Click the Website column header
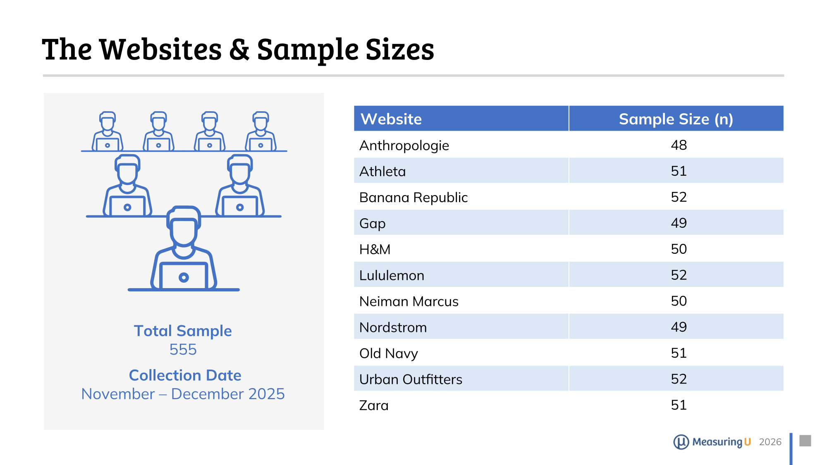(391, 119)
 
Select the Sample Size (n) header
(676, 119)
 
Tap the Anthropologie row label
(404, 145)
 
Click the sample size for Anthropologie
(679, 145)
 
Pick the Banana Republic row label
(413, 198)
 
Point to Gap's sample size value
(679, 223)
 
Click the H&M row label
(375, 249)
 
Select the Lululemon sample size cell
(679, 275)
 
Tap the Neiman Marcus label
(409, 301)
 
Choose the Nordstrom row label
(393, 327)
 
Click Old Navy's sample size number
(679, 353)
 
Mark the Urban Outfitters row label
(411, 379)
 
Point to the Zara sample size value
(679, 405)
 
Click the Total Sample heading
(183, 331)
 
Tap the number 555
(183, 350)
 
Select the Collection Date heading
(185, 375)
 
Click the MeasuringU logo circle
(681, 442)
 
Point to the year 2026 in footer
(770, 442)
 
